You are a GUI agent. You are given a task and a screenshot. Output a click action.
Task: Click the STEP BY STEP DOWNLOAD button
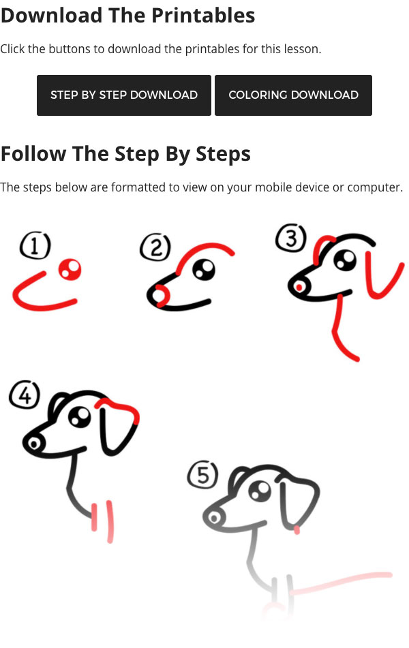click(123, 95)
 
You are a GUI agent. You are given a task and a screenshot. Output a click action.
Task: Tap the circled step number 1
click(35, 246)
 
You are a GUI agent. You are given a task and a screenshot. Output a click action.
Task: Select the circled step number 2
click(155, 248)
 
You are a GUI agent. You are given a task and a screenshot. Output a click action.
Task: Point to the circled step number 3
click(291, 238)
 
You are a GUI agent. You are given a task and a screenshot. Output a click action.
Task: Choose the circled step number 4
click(25, 395)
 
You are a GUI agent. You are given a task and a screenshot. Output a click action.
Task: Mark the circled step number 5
click(202, 475)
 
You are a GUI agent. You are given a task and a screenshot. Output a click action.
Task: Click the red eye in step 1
click(70, 270)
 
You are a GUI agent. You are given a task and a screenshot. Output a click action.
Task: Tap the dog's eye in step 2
click(204, 269)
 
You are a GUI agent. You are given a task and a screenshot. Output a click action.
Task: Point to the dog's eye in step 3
click(345, 260)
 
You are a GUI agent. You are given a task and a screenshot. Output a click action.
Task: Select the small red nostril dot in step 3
click(299, 287)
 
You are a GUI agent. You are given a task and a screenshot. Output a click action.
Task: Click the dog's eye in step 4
click(80, 416)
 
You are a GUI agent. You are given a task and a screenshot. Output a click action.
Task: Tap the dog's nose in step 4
click(33, 444)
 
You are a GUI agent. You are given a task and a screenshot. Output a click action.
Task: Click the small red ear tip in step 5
click(297, 530)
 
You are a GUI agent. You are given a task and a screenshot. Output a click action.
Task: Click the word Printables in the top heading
click(203, 15)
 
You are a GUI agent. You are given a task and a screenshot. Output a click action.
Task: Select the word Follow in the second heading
click(33, 153)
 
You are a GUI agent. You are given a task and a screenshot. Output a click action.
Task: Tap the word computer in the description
click(374, 187)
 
